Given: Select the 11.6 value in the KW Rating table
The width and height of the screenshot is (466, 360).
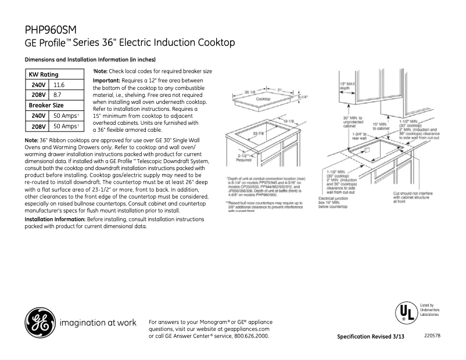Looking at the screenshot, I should pos(59,85).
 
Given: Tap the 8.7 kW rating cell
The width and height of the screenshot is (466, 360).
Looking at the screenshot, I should pos(57,95).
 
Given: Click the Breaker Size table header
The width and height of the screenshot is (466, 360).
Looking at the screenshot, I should pos(46,105).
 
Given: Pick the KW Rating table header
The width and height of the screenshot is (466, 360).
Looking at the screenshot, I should pos(44,74).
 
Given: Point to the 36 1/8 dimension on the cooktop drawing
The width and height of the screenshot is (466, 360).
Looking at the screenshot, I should pos(250,92).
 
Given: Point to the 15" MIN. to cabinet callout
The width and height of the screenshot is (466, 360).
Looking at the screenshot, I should pos(380,126).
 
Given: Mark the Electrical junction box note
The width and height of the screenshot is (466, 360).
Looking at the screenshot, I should pos(334,201).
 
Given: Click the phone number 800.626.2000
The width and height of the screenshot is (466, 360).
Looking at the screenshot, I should pos(250,336).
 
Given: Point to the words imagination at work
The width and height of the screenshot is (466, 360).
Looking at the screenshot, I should pos(99,323).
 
